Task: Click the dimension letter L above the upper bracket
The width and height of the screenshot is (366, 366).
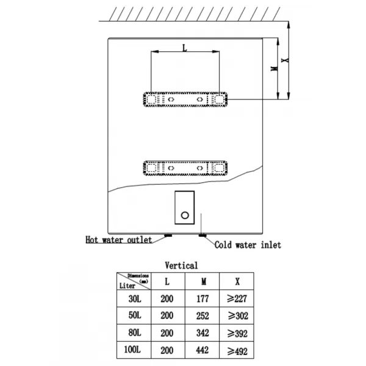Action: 185,48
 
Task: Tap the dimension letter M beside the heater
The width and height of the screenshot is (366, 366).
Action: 274,68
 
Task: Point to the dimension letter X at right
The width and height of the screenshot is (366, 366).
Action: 285,60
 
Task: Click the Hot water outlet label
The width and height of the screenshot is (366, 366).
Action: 119,240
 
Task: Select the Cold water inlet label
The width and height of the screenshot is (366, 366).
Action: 248,245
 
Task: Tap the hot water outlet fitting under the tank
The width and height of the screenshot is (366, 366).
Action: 168,235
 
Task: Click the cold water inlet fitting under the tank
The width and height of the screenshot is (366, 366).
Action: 203,235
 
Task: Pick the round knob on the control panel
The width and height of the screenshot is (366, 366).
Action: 185,215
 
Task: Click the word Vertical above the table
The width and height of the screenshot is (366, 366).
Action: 181,265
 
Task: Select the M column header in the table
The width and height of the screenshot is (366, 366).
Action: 204,281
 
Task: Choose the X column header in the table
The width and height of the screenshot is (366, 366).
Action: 237,281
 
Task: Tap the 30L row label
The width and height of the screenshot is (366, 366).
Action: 135,298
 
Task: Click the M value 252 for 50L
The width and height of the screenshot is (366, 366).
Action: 203,316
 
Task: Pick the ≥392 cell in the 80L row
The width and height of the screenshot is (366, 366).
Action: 237,333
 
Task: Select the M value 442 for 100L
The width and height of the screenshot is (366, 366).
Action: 203,350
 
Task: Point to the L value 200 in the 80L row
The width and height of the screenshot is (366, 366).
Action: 167,333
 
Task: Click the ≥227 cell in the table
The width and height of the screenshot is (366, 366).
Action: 237,298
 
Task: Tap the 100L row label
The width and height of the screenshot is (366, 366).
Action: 132,350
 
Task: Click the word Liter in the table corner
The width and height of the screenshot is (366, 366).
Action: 127,285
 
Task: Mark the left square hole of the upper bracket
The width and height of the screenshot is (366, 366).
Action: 151,99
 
